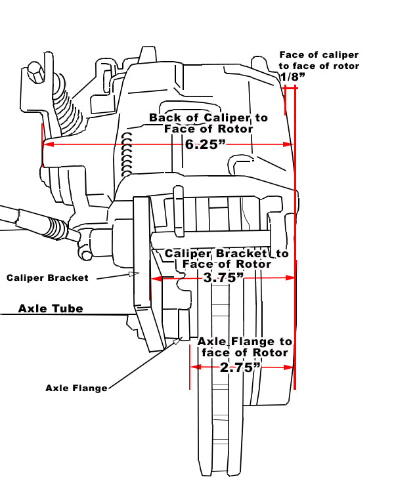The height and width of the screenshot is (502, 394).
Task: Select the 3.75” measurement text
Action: click(224, 278)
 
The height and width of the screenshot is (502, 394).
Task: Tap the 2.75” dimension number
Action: click(237, 367)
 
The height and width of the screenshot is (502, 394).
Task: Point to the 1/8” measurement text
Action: click(292, 77)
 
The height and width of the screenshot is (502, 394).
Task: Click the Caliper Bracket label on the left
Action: click(47, 278)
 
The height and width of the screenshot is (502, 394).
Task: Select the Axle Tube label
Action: click(51, 308)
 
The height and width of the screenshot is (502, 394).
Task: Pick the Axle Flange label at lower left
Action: click(76, 388)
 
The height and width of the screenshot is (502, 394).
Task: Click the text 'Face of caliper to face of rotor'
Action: click(319, 60)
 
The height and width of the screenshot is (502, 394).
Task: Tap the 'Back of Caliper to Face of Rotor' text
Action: click(208, 123)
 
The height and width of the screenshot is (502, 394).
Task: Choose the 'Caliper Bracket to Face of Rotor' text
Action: click(227, 259)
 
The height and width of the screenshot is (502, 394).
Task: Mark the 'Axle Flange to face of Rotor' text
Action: click(244, 347)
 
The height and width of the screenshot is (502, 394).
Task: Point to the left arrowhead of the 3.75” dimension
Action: click(156, 278)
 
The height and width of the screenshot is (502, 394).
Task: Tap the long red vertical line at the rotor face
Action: click(295, 262)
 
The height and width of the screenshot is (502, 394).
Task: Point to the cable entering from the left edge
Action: click(26, 220)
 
